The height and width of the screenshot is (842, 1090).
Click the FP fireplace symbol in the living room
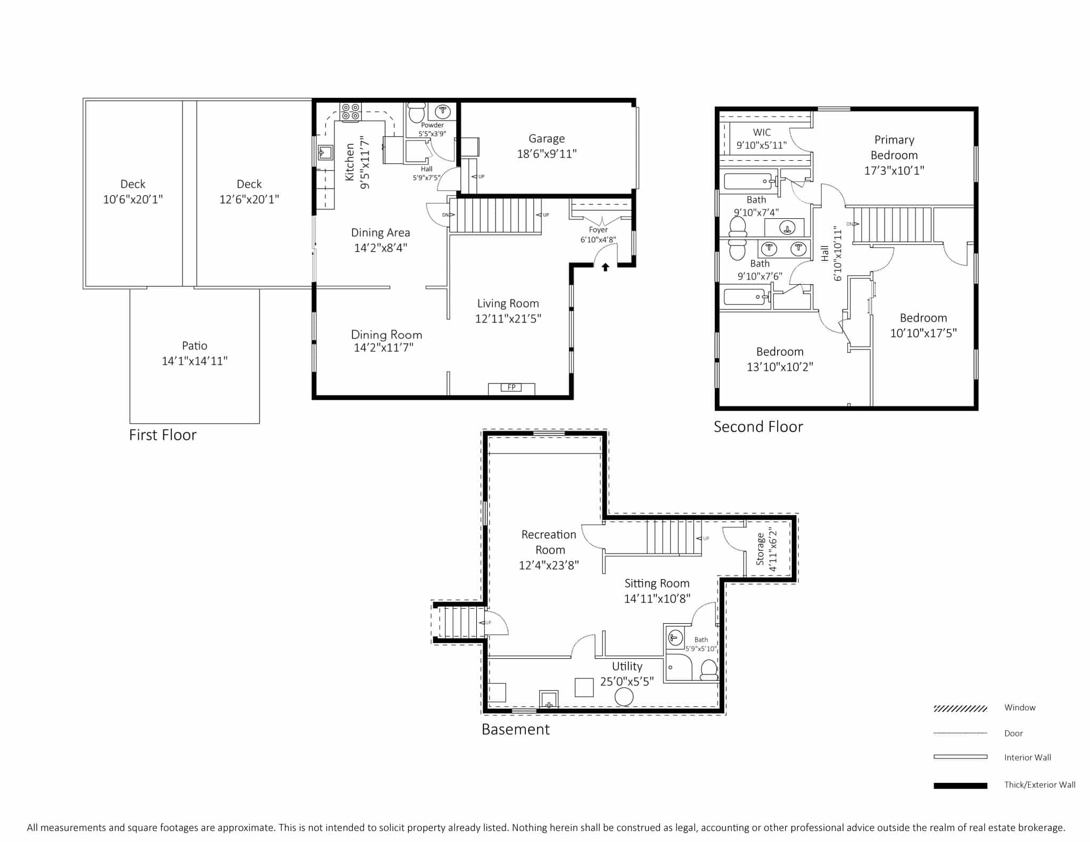coord(511,388)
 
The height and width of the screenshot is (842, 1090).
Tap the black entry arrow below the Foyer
coord(605,267)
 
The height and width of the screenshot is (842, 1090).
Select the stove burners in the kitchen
coord(351,112)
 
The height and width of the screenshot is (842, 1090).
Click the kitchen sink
coord(325,153)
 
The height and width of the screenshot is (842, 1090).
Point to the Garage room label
coord(547,138)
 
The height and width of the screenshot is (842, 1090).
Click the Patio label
coord(195,345)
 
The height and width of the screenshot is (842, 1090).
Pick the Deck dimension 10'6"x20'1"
coord(133,199)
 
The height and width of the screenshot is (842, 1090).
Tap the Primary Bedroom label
coord(894,147)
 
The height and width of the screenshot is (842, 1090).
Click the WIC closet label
coord(762,132)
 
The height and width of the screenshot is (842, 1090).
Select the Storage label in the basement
coord(760,549)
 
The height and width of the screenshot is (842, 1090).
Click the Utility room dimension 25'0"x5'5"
coord(627,682)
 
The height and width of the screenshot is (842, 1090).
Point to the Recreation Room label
coord(549,542)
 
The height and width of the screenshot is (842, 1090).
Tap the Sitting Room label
coord(657,583)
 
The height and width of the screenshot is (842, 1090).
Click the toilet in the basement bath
coord(709,670)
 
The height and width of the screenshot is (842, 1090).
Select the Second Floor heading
coord(758,427)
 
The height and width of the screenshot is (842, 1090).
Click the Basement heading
coord(515,729)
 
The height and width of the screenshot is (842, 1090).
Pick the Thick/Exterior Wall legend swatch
coord(960,786)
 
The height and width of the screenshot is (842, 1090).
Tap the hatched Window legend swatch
coord(960,708)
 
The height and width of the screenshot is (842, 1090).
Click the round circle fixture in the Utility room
coord(624,697)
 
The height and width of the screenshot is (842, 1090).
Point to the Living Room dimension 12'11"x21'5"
coord(508,318)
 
